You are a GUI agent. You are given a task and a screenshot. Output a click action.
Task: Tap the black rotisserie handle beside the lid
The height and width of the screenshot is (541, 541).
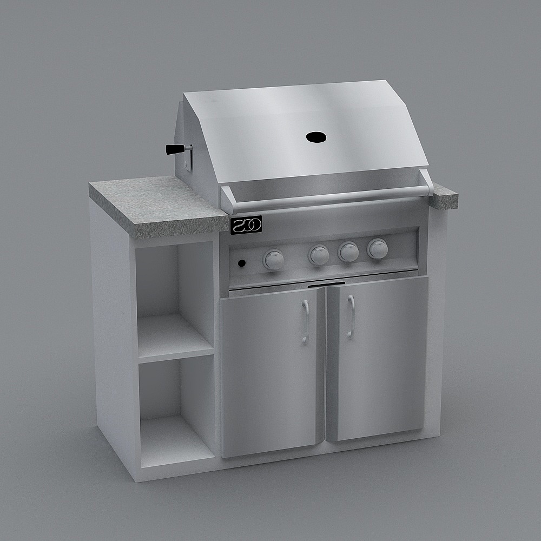174,149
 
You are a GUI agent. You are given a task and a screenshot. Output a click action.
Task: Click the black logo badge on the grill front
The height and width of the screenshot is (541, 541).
246,225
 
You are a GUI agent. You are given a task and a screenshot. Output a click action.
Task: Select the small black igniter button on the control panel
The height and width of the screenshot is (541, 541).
242,263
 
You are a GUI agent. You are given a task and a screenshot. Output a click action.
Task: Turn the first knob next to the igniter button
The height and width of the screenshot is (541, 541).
274,260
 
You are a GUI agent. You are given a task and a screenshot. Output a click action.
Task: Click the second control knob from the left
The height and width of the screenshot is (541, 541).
319,255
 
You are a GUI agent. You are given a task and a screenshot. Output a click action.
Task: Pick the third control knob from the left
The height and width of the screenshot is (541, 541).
348,252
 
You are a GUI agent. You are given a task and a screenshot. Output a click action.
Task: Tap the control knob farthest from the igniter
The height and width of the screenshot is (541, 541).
378,248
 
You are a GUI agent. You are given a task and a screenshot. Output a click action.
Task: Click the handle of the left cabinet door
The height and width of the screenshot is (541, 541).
306,321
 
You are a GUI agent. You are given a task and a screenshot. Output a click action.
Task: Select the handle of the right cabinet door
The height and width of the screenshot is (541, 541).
351,316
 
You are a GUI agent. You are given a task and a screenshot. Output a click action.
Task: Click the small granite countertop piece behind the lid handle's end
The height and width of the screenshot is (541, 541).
445,196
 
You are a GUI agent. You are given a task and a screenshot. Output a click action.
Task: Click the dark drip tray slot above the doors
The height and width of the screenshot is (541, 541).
327,284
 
